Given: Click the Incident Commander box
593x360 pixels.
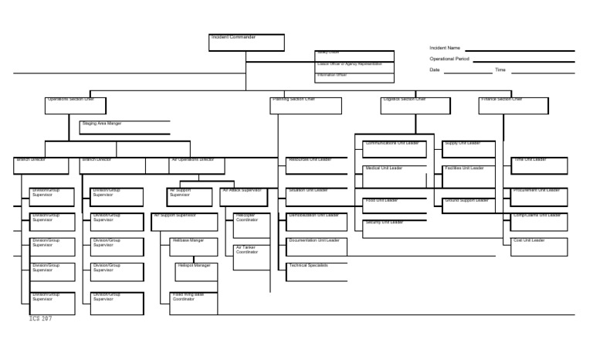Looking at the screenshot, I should coord(246,42).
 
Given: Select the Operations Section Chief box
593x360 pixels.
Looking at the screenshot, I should coord(76,106).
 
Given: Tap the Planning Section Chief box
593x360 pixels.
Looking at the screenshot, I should coord(306,106).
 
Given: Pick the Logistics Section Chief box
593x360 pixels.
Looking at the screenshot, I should coord(415,106).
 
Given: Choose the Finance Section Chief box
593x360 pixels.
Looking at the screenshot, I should coord(513,106).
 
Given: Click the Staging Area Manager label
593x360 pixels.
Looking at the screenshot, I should coord(102,124).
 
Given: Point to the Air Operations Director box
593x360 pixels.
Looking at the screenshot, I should coord(197,165).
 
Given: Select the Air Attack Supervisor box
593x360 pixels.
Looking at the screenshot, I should coord(243,197).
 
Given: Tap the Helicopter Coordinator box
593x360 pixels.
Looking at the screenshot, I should coord(252,225).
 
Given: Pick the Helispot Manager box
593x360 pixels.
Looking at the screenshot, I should coord(196,272).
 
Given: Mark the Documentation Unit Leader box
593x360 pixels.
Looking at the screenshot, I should coord(317,246).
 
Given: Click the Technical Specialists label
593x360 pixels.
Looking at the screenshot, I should coord(309,266).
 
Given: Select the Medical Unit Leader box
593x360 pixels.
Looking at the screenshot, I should coord(395,172).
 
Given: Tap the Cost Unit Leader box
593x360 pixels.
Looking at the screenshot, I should coord(539,246).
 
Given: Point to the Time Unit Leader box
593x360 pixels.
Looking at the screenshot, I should coord(539,165).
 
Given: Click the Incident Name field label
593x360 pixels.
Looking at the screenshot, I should coord(445,48).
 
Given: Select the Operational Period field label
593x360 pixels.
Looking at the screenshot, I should coord(449,59).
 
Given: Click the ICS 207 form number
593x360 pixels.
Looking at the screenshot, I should coord(40,318).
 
